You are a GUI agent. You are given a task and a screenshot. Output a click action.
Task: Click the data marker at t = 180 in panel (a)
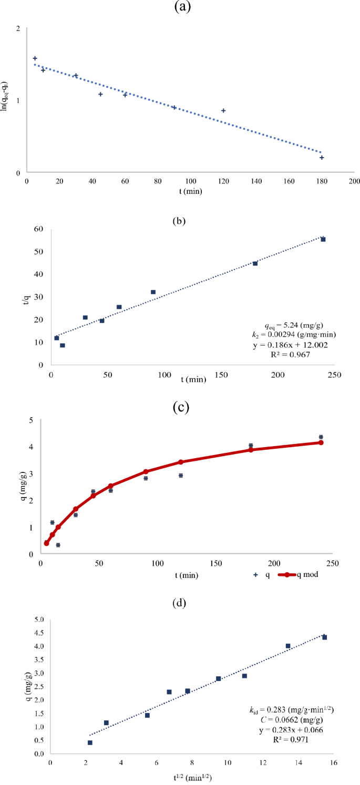click(322, 158)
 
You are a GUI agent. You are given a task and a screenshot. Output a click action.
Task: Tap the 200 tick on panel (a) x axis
click(354, 181)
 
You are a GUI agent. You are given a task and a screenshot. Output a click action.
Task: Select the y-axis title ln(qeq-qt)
click(6, 100)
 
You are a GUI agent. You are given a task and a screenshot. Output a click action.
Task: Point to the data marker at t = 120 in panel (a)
click(223, 110)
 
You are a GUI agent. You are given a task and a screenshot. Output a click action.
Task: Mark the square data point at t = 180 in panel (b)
click(255, 263)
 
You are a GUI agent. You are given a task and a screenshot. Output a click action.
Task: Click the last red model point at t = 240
click(321, 442)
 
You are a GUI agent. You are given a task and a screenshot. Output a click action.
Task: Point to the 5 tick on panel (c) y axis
click(33, 420)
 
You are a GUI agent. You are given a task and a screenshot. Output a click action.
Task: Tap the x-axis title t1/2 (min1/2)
click(187, 776)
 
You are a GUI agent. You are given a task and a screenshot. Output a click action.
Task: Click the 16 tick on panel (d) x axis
click(332, 760)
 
